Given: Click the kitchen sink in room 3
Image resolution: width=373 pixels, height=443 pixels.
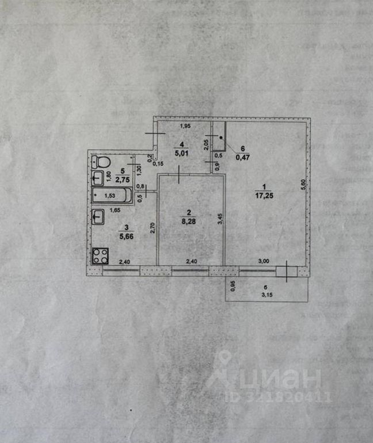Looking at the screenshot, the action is pyautogui.click(x=98, y=217).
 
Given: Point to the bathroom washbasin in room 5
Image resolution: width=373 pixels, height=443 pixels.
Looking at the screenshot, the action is pyautogui.click(x=98, y=177).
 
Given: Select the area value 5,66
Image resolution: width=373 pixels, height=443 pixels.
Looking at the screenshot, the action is pyautogui.click(x=123, y=235).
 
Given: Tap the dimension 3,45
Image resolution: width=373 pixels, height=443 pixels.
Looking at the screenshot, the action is pyautogui.click(x=219, y=219).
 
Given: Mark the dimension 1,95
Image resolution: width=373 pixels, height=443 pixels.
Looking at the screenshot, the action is pyautogui.click(x=185, y=127).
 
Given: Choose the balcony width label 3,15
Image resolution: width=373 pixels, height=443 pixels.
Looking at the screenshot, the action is pyautogui.click(x=267, y=297).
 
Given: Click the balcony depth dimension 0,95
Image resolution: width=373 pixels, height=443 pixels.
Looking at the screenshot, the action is pyautogui.click(x=233, y=286).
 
